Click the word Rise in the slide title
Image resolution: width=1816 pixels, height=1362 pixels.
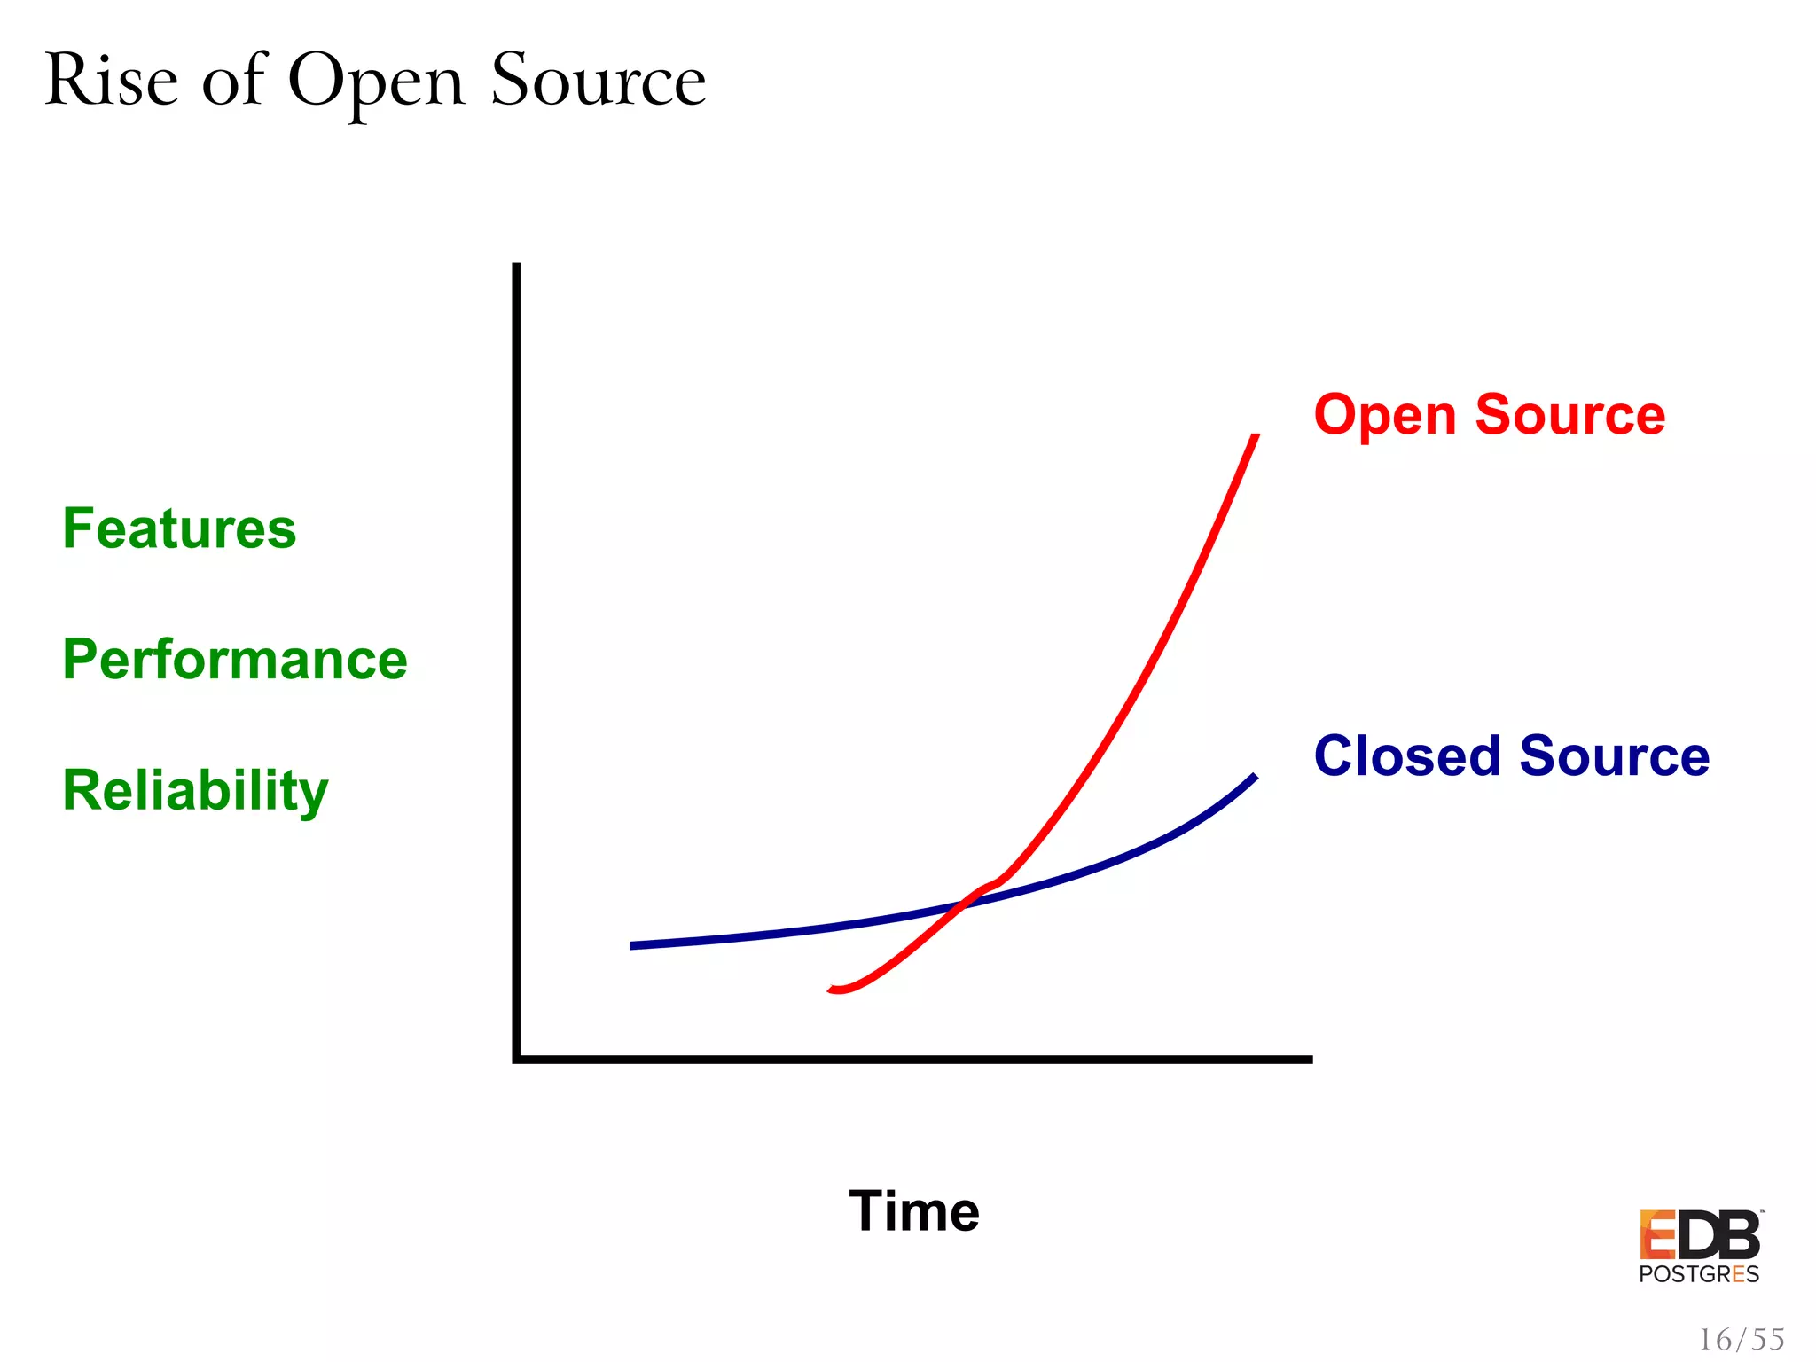111,82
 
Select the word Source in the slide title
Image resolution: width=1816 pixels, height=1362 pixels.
599,82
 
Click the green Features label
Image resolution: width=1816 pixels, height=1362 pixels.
179,529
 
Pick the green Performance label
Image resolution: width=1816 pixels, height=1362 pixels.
235,660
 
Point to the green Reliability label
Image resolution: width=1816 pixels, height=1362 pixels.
195,791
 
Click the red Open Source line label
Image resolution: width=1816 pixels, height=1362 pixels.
1490,415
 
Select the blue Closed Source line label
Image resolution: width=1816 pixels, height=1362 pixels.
1512,756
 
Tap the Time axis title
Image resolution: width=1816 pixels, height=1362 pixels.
914,1211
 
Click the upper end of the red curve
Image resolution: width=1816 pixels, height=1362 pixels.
1256,436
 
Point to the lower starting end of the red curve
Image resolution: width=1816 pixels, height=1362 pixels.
832,989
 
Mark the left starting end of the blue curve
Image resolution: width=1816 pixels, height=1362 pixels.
632,946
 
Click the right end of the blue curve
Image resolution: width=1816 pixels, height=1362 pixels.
1255,777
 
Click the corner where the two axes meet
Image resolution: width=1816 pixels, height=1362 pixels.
517,1059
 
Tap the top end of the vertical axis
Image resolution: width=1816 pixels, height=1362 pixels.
517,265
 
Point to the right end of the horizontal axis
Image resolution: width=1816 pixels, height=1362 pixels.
1310,1059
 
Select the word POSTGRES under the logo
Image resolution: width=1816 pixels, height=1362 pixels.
1699,1275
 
